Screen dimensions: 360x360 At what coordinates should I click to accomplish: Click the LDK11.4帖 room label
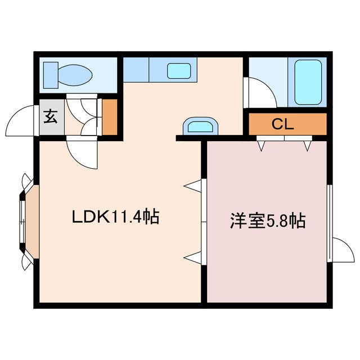click(115, 217)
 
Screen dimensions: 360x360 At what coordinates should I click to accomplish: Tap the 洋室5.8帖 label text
click(267, 220)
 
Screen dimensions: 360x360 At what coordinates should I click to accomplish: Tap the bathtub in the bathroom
click(308, 82)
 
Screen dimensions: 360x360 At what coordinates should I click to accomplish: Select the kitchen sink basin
click(179, 71)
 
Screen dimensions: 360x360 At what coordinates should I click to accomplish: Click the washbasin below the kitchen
click(200, 125)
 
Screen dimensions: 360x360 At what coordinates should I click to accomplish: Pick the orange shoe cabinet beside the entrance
click(109, 117)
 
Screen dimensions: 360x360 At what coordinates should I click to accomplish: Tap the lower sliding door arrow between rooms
click(193, 257)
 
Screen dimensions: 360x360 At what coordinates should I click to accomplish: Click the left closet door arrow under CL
click(261, 146)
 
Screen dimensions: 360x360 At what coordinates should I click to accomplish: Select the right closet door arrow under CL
click(307, 146)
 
